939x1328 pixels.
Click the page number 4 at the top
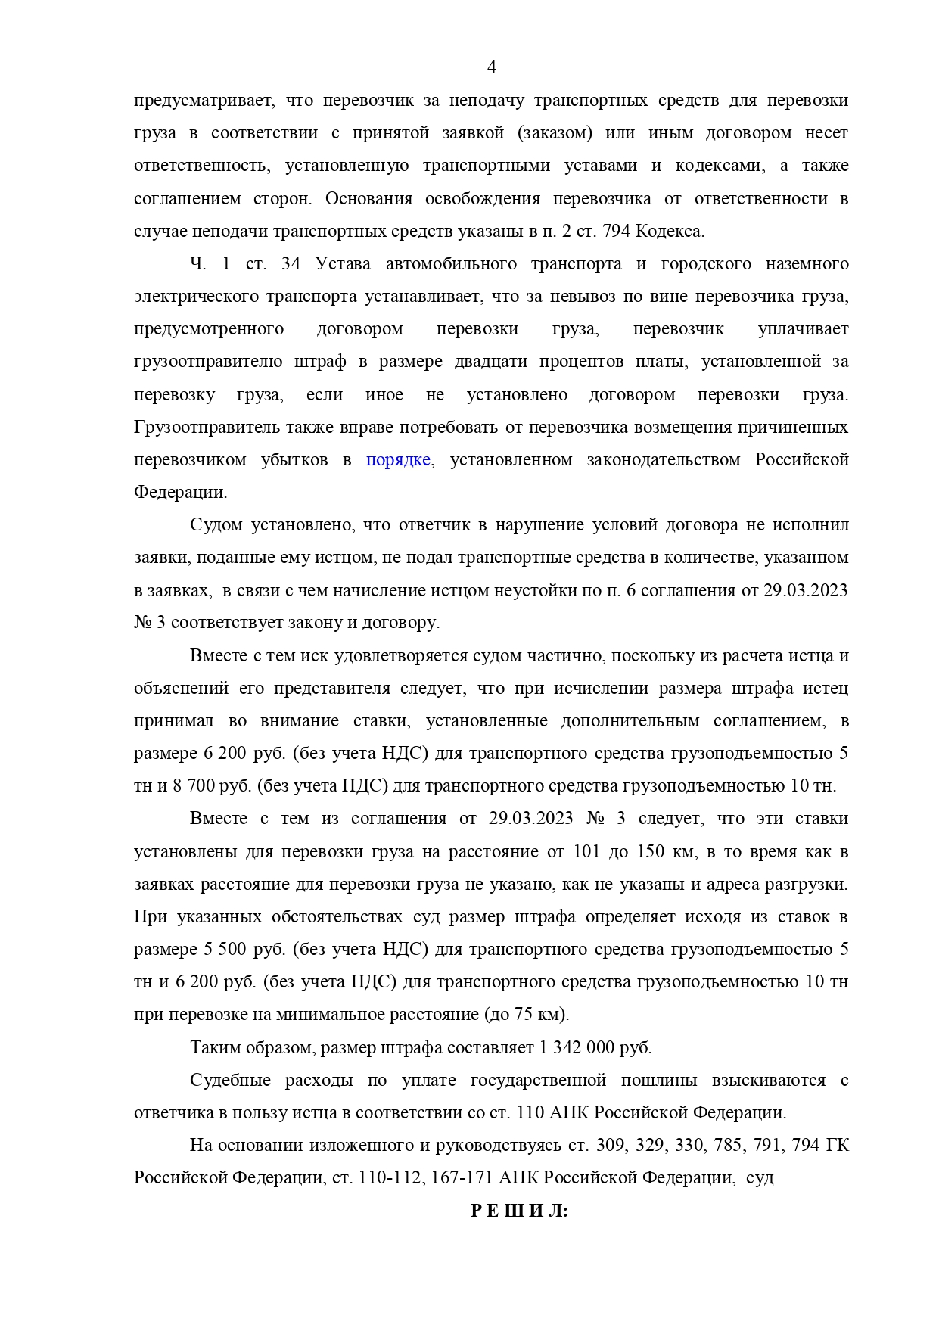(491, 67)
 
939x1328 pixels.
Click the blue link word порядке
(399, 460)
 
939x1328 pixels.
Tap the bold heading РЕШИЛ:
(519, 1211)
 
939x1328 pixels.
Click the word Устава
(343, 264)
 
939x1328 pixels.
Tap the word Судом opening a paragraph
(217, 525)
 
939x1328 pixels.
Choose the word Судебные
(229, 1081)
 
